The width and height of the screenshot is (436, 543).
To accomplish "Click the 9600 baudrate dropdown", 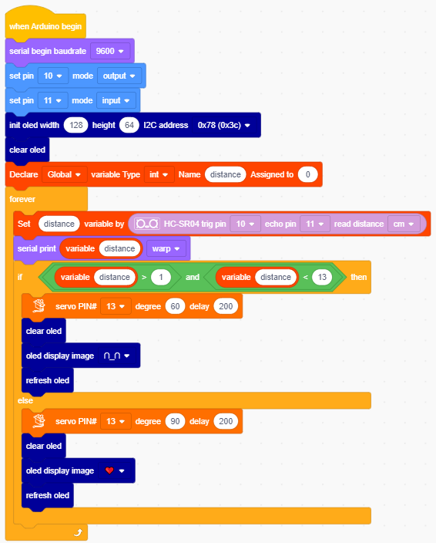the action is (110, 51).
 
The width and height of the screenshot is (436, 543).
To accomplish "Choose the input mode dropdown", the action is (116, 100).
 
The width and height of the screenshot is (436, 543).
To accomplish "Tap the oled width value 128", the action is (76, 125).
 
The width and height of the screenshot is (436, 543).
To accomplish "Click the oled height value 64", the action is (129, 125).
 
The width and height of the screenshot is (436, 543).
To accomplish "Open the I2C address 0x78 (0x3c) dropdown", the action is (223, 125).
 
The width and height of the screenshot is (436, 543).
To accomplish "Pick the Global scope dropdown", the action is (64, 174).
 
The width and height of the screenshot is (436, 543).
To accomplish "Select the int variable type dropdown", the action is (159, 174).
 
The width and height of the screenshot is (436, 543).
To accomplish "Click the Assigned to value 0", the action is (307, 174).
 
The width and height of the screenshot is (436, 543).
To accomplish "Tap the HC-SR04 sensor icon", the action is (147, 224).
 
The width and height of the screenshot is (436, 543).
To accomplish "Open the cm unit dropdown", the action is (404, 224).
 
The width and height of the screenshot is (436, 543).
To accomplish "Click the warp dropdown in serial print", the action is (166, 248).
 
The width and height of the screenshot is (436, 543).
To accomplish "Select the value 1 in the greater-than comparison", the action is (161, 277).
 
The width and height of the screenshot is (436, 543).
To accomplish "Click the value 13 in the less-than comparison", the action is (322, 277).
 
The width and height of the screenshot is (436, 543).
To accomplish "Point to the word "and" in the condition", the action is (193, 277).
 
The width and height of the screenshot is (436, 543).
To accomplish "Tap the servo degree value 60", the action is (175, 306).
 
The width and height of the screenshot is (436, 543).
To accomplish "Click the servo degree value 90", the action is (175, 421).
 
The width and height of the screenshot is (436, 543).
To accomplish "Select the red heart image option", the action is (109, 470).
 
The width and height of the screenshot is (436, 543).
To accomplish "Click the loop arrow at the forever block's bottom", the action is (79, 532).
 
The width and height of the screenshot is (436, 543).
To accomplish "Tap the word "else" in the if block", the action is (25, 400).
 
